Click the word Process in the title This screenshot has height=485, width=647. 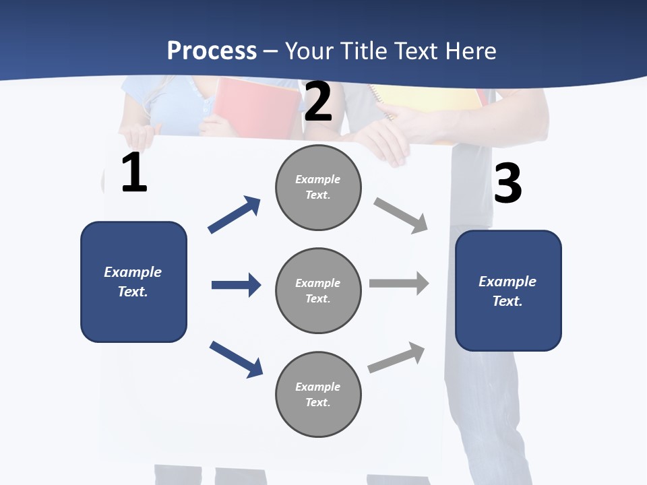212,51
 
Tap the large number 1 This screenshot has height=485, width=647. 134,174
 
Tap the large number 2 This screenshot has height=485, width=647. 318,102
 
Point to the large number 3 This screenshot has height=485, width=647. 507,184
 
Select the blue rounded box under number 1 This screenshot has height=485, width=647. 133,282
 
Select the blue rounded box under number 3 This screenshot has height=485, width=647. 508,290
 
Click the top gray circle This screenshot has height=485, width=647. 318,187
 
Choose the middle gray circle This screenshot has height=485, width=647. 318,290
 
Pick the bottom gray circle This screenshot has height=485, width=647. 318,394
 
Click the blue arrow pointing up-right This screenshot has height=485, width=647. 235,215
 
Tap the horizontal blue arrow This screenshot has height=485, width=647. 236,285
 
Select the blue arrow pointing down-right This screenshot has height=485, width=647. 236,359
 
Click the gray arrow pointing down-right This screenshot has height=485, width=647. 401,216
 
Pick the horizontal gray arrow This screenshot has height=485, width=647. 399,284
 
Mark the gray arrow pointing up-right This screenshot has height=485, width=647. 396,358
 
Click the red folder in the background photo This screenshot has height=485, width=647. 256,104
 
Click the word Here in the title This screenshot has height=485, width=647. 469,51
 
